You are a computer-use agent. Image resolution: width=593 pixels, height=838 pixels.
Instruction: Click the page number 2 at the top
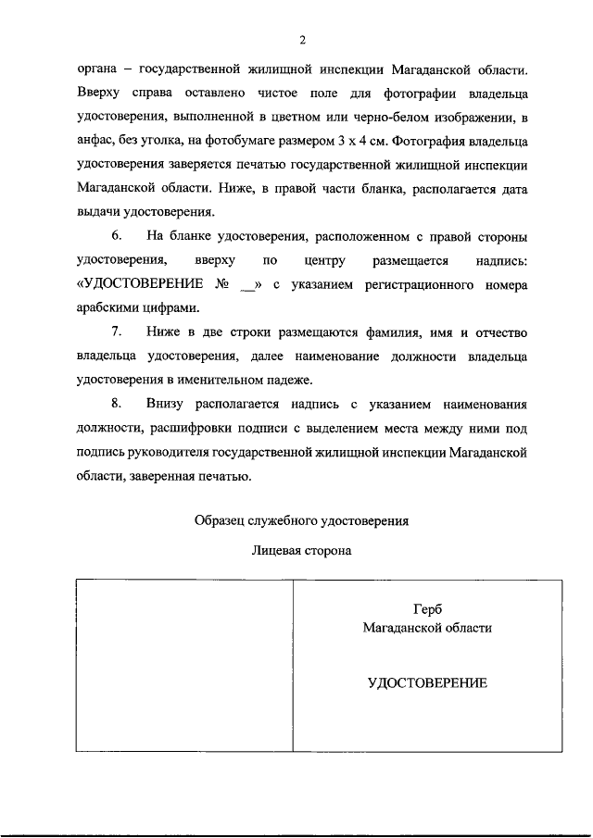302,39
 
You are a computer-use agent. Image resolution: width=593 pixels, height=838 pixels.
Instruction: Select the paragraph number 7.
117,331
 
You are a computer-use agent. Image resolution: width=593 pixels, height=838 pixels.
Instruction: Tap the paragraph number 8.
117,404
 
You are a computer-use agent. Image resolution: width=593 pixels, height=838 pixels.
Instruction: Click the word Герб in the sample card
427,608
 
